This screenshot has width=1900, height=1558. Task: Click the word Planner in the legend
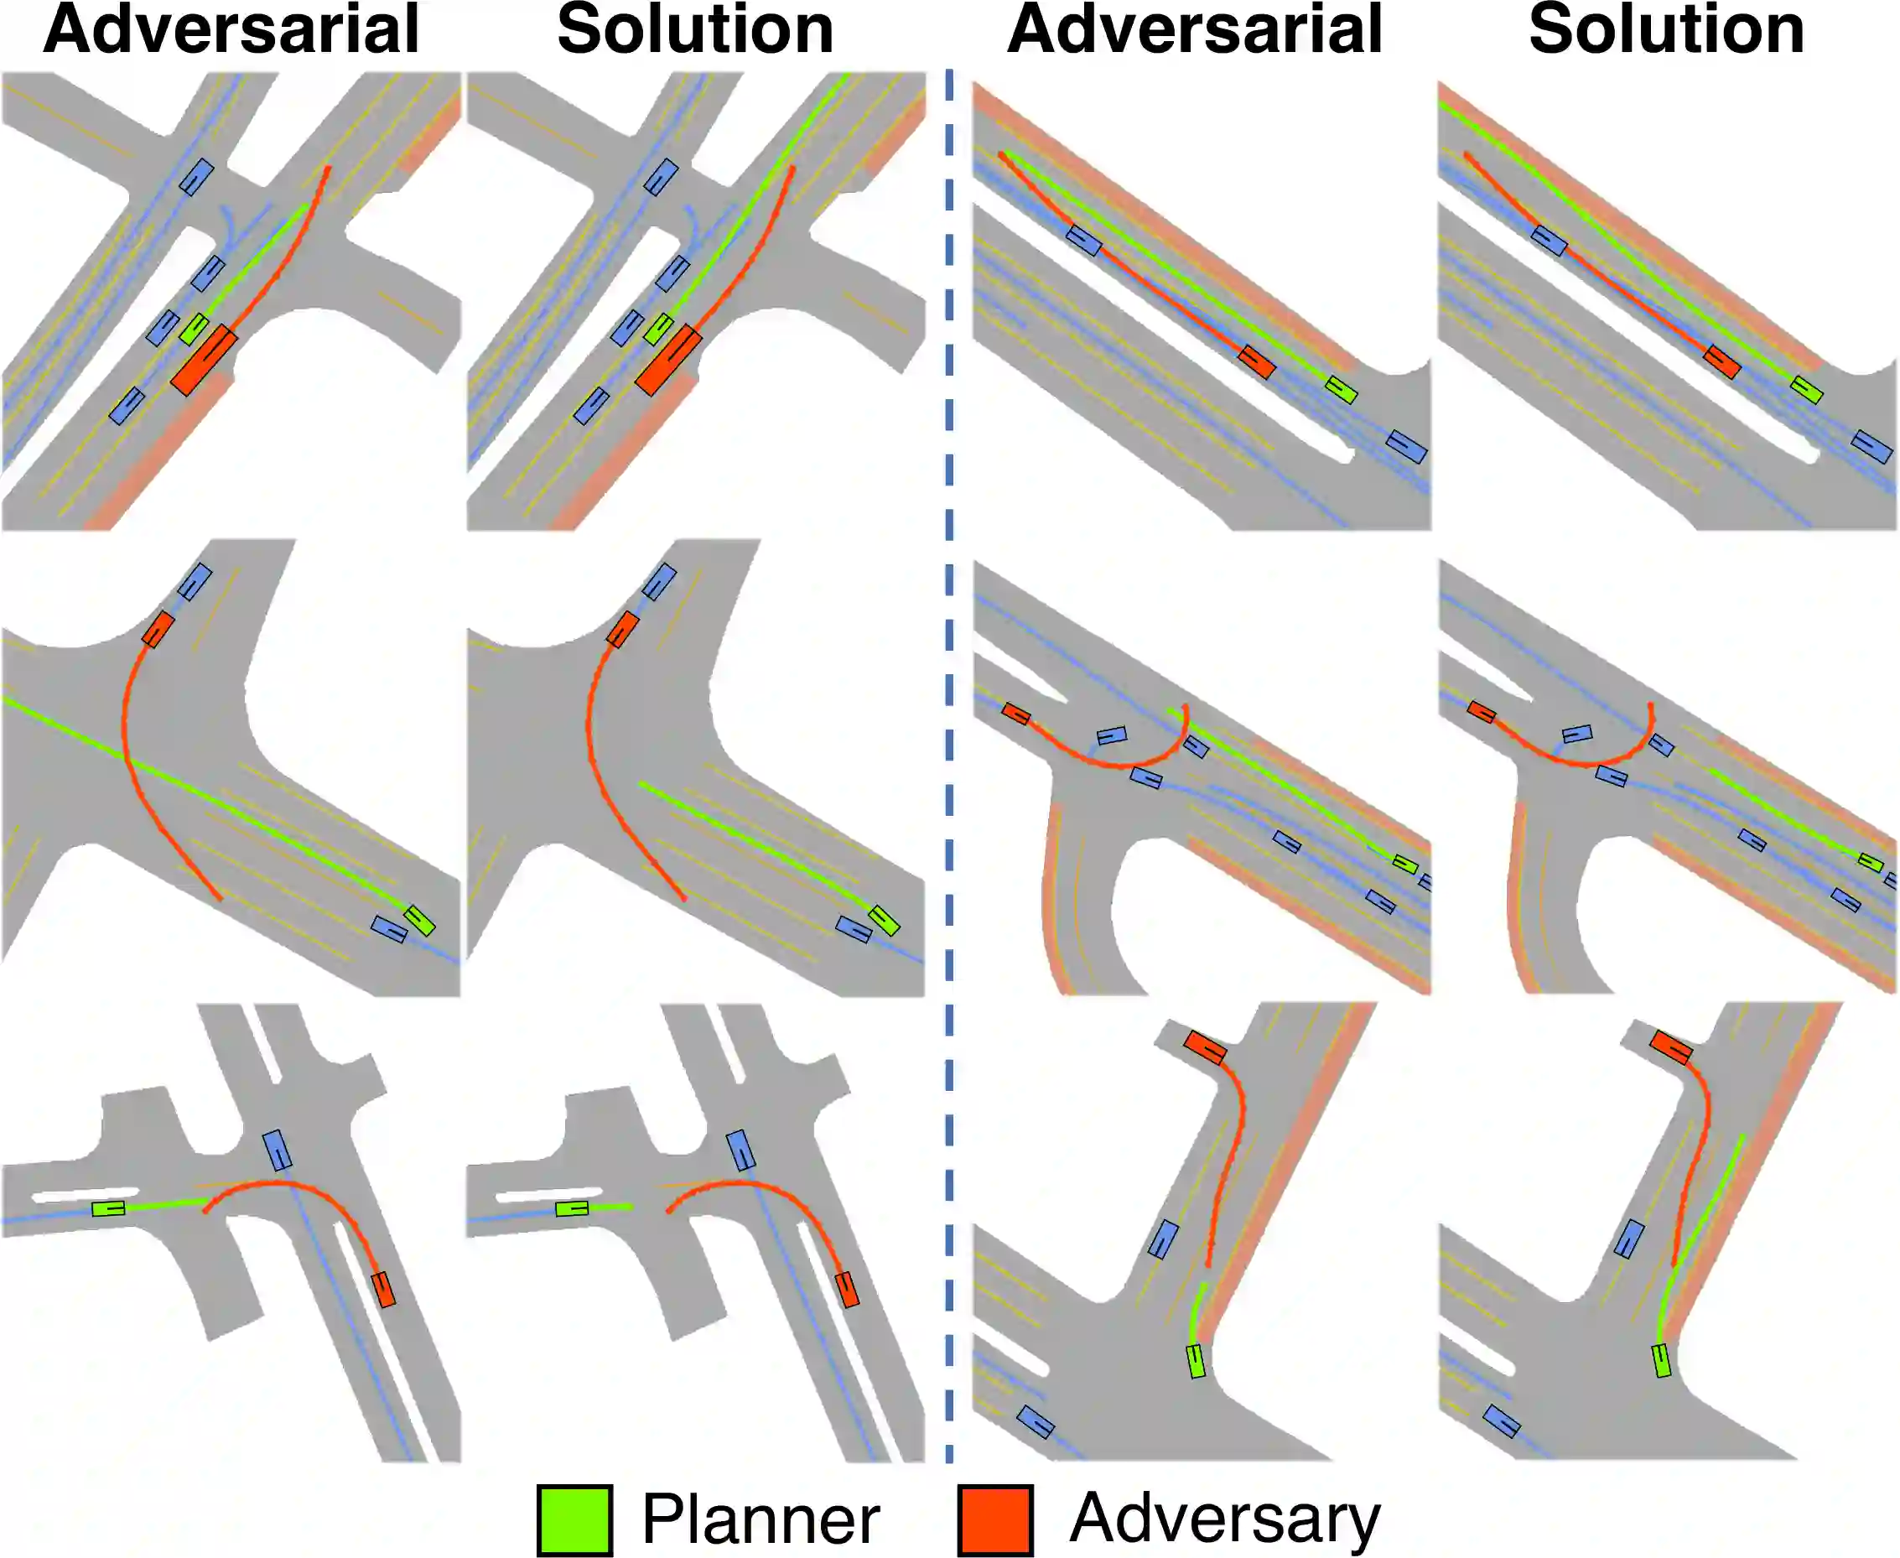[761, 1519]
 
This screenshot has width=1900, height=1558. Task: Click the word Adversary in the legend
[1225, 1518]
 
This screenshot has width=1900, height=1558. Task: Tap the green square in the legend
[574, 1519]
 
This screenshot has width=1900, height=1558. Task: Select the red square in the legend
[994, 1519]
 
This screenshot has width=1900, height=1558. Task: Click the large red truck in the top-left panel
[204, 360]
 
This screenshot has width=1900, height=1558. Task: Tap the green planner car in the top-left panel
[194, 329]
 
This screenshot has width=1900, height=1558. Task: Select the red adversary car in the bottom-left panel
[383, 1289]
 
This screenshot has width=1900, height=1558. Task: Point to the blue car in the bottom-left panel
[278, 1150]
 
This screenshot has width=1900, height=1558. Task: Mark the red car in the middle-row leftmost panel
[158, 629]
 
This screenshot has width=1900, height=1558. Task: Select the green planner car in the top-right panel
[1807, 389]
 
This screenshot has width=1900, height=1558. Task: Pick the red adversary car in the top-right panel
[1722, 361]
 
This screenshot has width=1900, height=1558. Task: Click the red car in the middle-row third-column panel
[1016, 714]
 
